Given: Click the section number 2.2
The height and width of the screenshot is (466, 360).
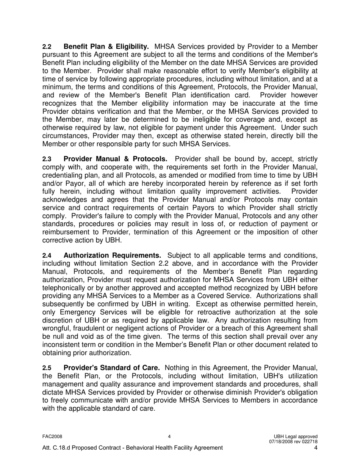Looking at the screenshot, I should [x=47, y=47].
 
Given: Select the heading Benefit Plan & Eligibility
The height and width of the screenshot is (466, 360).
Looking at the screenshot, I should [x=106, y=47].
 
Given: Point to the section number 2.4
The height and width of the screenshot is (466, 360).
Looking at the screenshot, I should [x=47, y=256].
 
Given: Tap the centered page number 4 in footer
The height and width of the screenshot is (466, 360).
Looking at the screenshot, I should [x=169, y=436].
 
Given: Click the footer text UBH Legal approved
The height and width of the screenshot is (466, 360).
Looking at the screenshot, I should [x=297, y=436].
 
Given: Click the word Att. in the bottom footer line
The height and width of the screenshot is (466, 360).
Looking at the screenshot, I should [x=47, y=448].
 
